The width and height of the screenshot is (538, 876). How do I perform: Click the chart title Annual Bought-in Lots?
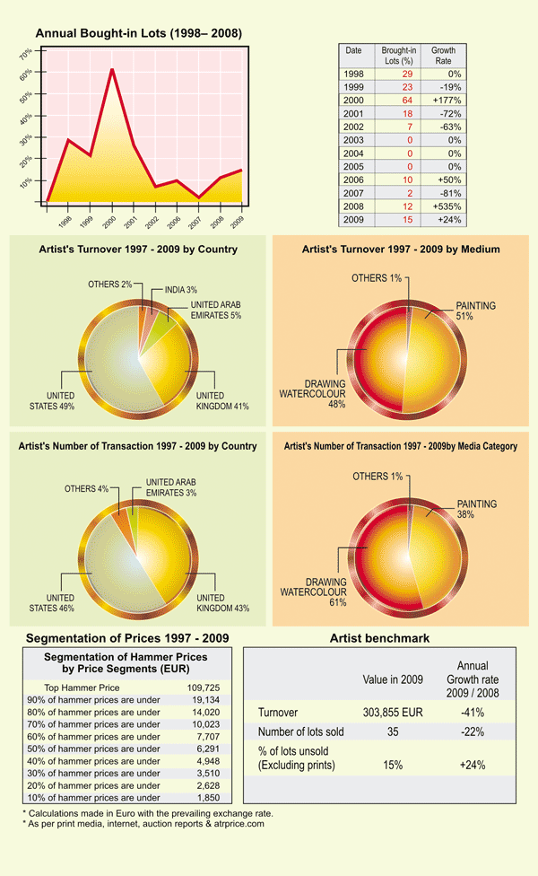click(138, 33)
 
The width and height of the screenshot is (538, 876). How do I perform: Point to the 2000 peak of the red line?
click(111, 69)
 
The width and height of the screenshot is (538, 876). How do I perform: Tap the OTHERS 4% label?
click(86, 489)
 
